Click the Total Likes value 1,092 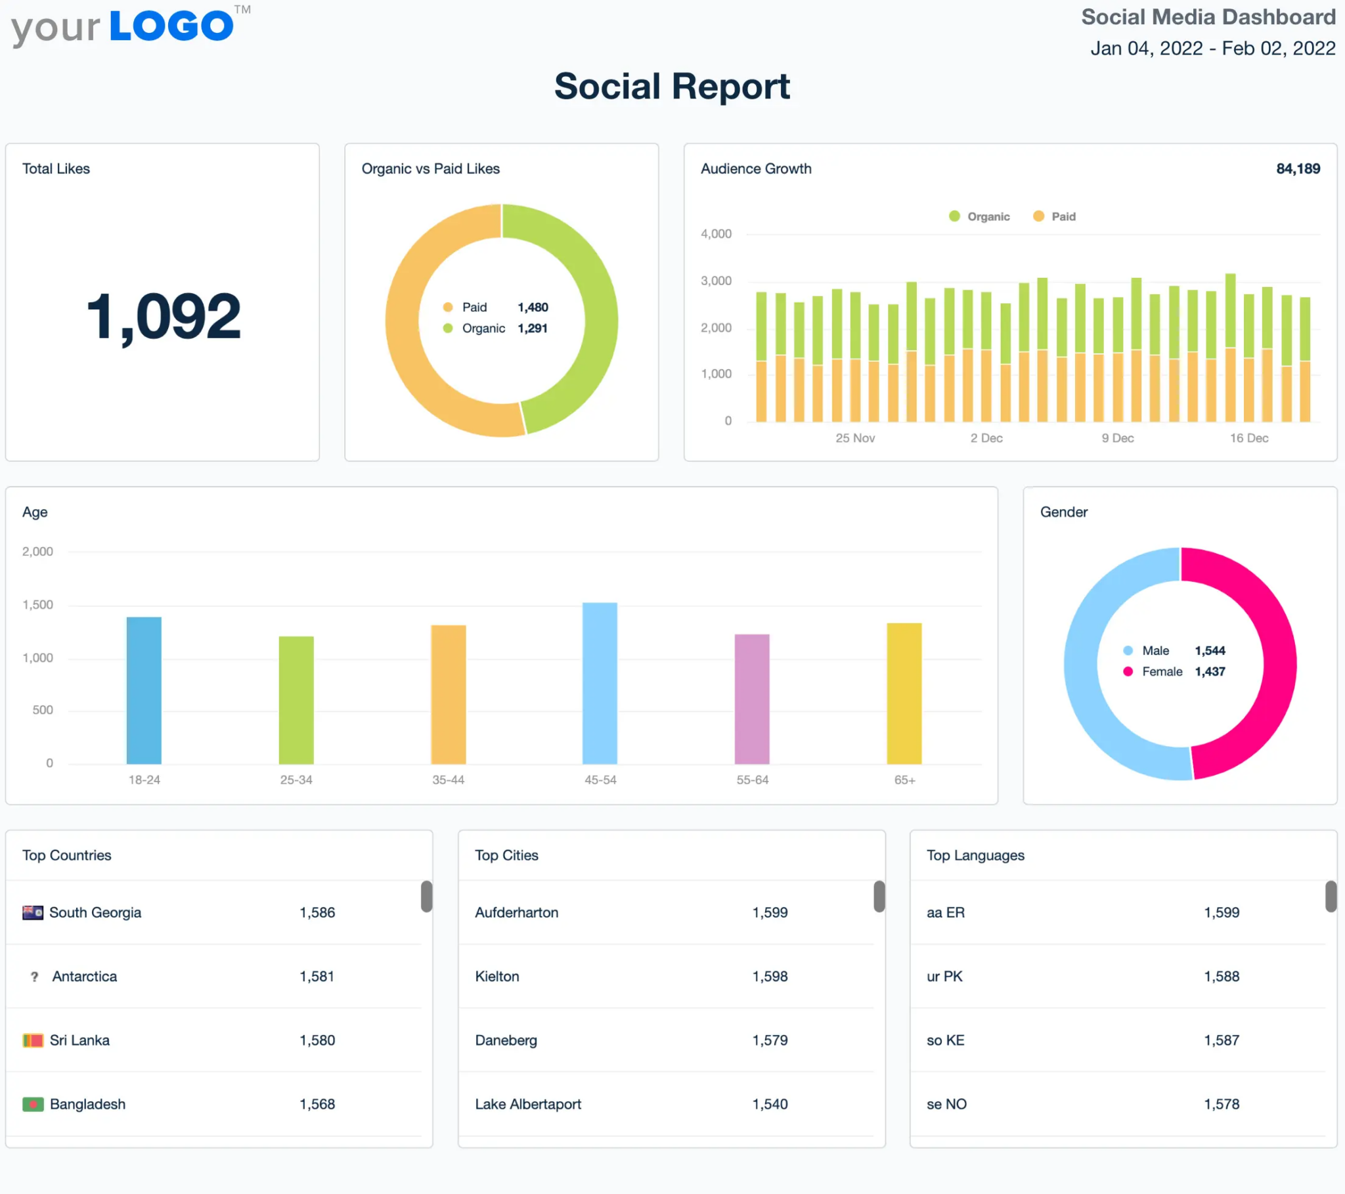pos(163,317)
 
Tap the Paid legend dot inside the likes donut pos(448,307)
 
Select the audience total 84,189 pos(1298,169)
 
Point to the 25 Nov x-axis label pos(855,438)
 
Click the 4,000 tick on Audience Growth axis pos(716,234)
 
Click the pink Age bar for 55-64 pos(751,699)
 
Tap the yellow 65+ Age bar pos(904,694)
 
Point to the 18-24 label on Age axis pos(144,780)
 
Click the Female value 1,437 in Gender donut pos(1210,672)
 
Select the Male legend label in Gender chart pos(1155,651)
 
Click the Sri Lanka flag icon pos(33,1040)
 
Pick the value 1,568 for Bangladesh pos(317,1105)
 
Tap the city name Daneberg pos(506,1040)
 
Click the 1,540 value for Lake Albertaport pos(770,1105)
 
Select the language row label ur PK pos(944,977)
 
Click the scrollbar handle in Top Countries pos(426,896)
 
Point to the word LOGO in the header pos(171,26)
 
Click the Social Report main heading pos(672,86)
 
